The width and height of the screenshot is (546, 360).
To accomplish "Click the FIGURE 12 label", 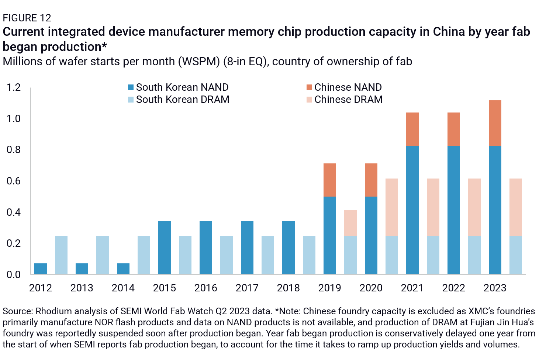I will click(27, 18).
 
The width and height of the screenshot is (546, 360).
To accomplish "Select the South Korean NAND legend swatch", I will click(131, 87).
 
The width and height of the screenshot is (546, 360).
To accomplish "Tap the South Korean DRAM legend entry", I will click(182, 100).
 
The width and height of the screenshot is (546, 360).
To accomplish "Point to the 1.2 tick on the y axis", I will click(14, 87).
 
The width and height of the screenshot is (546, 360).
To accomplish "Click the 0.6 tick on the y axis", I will click(14, 181).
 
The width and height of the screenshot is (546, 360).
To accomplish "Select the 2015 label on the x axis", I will click(165, 288).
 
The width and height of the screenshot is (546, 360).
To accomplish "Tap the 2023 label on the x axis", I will click(495, 288).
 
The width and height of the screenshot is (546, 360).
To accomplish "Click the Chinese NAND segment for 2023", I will click(495, 123).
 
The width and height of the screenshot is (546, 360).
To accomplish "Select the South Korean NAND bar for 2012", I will click(41, 269).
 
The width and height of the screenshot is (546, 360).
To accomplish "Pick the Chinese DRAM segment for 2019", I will click(350, 223).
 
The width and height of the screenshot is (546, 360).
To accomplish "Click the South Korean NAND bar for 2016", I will click(206, 247).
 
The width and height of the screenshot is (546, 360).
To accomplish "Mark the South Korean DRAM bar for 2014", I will click(144, 255).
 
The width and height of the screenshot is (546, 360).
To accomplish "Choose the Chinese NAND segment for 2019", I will click(330, 180).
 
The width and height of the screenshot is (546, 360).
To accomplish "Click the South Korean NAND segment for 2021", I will click(412, 210).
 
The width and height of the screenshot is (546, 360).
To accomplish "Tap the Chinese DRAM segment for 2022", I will click(474, 207).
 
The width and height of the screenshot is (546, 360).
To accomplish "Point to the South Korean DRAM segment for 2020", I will click(392, 255).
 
